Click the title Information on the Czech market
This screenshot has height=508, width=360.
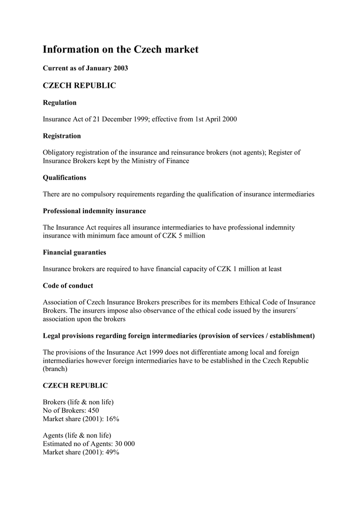pos(120,50)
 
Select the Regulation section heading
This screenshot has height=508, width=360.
pos(60,103)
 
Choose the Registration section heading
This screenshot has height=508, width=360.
pos(62,136)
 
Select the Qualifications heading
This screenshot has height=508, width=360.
pos(65,178)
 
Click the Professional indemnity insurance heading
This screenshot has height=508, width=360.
pos(94,211)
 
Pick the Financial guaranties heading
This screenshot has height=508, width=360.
pos(74,253)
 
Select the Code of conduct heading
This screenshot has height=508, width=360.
pos(68,286)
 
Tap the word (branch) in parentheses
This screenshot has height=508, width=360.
pos(56,369)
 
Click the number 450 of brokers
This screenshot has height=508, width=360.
pos(93,410)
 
